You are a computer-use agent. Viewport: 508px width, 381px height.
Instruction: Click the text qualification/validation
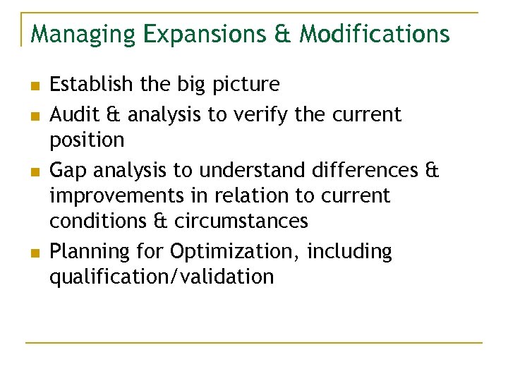tap(161, 277)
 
